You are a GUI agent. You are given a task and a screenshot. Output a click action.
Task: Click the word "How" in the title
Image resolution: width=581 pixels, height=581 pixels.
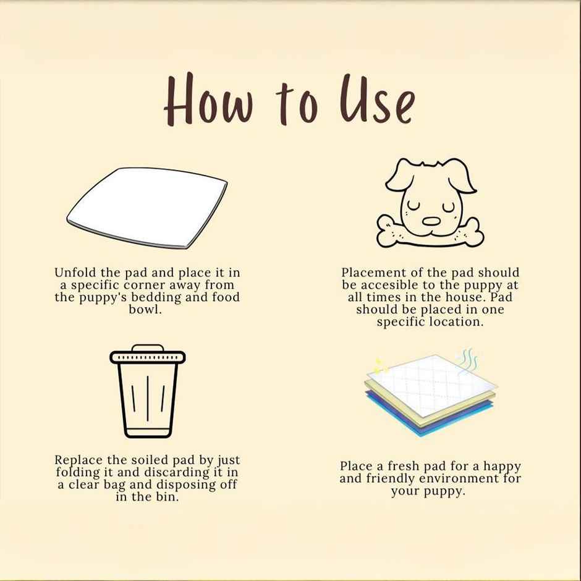tap(209, 100)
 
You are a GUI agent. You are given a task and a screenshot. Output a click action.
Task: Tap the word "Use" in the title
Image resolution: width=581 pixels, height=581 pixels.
tap(376, 100)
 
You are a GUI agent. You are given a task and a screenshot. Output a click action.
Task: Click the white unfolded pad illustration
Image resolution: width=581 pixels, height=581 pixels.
tap(147, 208)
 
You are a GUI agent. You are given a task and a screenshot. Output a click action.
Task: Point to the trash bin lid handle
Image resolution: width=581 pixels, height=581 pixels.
tap(148, 348)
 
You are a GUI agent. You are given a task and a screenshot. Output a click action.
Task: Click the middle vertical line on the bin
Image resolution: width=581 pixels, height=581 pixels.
tap(148, 398)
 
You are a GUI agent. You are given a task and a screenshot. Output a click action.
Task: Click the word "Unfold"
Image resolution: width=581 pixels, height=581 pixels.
tap(75, 273)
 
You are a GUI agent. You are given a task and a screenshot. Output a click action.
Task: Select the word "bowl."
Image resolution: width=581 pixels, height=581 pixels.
tap(145, 310)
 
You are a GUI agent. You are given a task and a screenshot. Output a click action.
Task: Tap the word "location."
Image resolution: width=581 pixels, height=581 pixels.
tap(457, 321)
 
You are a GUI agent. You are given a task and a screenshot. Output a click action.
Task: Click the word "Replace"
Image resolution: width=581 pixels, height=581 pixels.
tap(79, 460)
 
